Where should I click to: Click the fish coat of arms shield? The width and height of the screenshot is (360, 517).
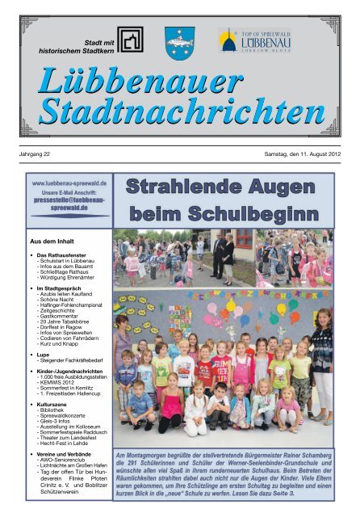pyautogui.click(x=179, y=43)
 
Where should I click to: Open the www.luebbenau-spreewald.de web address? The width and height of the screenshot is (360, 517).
pyautogui.click(x=69, y=184)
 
